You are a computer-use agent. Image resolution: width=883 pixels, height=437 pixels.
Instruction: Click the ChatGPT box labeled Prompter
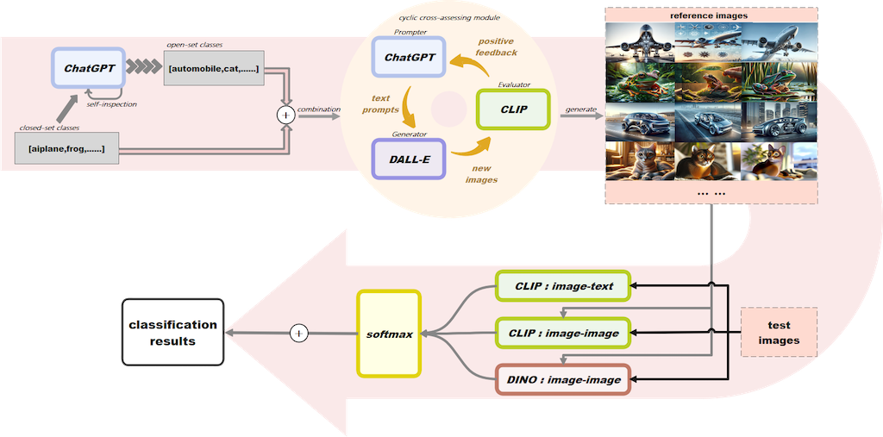point(407,59)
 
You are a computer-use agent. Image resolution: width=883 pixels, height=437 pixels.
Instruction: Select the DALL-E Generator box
point(407,159)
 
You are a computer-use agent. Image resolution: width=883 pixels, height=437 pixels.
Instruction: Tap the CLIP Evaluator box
point(513,109)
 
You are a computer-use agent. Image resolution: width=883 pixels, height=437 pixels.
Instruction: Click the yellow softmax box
point(388,333)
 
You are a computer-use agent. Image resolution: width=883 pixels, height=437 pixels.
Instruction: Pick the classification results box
point(173,333)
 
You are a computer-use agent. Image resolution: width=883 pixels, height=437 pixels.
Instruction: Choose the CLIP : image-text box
point(564,286)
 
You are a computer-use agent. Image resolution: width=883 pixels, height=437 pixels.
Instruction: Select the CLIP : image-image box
point(564,332)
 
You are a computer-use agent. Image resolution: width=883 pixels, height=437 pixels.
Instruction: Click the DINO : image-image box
point(564,379)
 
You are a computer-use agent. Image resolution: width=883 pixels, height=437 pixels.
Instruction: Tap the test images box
point(779,332)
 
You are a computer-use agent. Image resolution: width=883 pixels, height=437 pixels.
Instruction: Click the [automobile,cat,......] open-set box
point(212,67)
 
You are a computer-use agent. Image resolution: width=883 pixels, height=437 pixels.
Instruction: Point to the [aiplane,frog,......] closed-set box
point(66,149)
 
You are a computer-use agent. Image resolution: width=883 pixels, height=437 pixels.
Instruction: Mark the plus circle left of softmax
point(298,333)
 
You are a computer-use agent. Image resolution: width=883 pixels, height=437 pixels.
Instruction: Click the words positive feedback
point(498,47)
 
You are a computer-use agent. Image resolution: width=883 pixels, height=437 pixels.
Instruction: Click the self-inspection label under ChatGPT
point(112,103)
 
